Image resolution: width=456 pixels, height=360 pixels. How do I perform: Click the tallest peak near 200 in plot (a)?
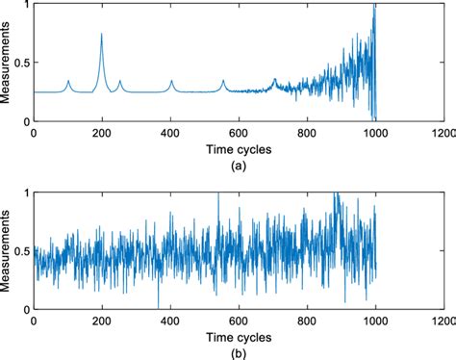coord(102,35)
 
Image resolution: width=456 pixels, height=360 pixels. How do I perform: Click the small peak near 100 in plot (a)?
coord(68,82)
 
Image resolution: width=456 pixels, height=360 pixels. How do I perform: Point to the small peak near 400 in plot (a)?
coord(171,82)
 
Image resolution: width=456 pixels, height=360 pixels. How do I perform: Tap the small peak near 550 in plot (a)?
coord(223,82)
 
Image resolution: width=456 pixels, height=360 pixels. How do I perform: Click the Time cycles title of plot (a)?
coord(238,149)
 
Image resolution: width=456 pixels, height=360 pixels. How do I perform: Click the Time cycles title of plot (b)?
coord(238,337)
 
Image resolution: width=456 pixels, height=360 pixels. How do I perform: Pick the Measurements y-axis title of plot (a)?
coord(8,64)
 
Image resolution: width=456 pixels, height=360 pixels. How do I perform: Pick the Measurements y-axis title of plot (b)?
coord(8,250)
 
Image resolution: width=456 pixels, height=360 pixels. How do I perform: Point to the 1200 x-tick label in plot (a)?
coord(443,134)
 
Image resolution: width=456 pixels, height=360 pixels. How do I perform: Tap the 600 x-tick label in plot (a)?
coord(239,134)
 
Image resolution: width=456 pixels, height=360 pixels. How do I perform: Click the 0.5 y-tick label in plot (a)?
coord(20,64)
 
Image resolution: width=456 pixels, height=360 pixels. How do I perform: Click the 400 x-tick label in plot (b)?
coord(170,321)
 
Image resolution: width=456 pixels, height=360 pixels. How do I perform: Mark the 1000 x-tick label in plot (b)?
coord(374,321)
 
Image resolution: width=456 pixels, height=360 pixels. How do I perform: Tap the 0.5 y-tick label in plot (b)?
coord(20,251)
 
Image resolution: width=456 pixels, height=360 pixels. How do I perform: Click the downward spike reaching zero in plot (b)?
coord(158,306)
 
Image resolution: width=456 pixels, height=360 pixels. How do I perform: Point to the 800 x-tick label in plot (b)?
coord(306,321)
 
